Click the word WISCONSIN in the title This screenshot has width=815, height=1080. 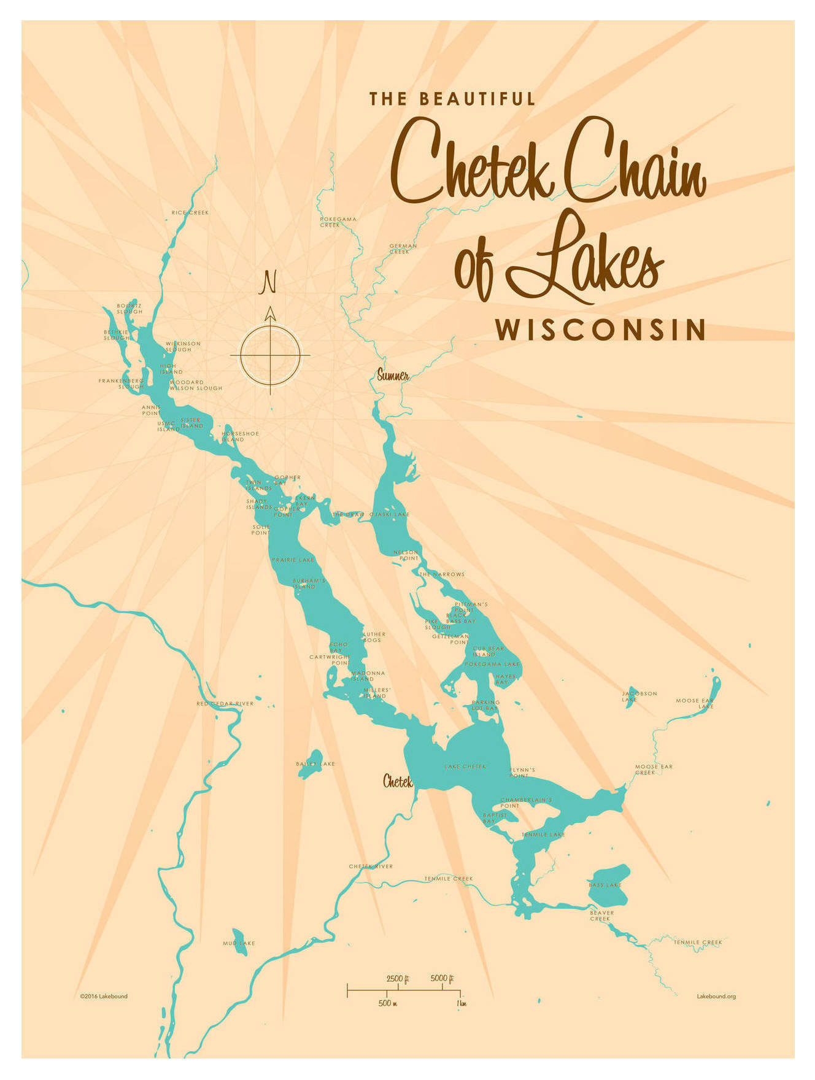pyautogui.click(x=601, y=330)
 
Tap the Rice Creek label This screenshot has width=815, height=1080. pyautogui.click(x=190, y=213)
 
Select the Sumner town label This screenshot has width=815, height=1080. pyautogui.click(x=393, y=376)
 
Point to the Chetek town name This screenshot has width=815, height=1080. pyautogui.click(x=398, y=781)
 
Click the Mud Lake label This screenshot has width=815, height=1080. pyautogui.click(x=239, y=943)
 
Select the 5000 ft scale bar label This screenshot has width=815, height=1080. pyautogui.click(x=442, y=978)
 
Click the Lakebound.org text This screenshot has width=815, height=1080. pyautogui.click(x=716, y=997)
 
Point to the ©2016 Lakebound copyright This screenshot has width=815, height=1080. pyautogui.click(x=104, y=997)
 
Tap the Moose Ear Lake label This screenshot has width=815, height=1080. pyautogui.click(x=695, y=703)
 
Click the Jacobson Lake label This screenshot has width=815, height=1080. pyautogui.click(x=639, y=696)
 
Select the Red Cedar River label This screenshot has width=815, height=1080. pyautogui.click(x=225, y=704)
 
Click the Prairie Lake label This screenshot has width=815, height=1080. pyautogui.click(x=293, y=560)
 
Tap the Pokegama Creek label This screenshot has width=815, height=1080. pyautogui.click(x=338, y=222)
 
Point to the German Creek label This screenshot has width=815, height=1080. pyautogui.click(x=403, y=249)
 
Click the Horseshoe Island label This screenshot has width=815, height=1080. pyautogui.click(x=239, y=436)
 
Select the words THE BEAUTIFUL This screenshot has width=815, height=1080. pyautogui.click(x=452, y=99)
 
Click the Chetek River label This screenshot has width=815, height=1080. pyautogui.click(x=371, y=866)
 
